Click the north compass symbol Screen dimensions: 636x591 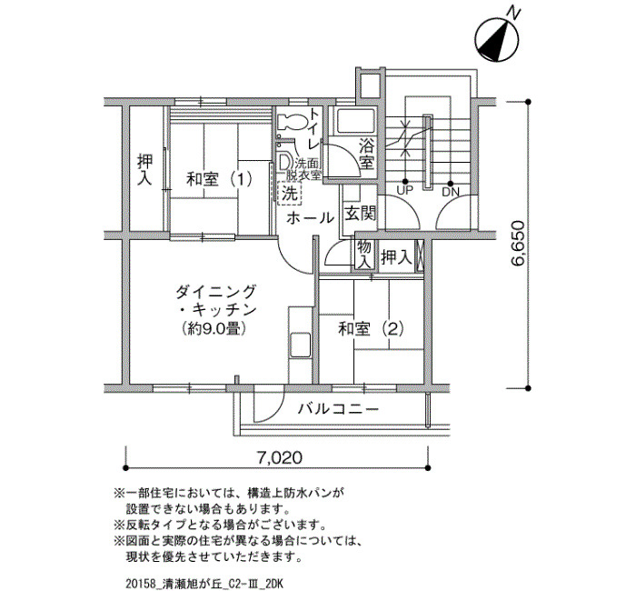coord(496,40)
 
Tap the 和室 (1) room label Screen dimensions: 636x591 coord(219,179)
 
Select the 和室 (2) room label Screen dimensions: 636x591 coord(371,329)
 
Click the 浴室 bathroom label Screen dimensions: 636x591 coord(366,154)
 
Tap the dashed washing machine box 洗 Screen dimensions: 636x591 coord(290,194)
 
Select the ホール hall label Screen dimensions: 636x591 coord(310,218)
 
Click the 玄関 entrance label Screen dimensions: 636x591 coord(360,213)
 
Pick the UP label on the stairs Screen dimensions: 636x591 coord(404,190)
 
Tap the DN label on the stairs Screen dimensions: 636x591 coord(451,192)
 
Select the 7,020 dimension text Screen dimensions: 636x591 coord(280,458)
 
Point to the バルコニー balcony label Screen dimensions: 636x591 coord(339,409)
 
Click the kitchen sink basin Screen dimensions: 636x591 coord(300,346)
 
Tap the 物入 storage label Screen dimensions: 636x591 coord(364,254)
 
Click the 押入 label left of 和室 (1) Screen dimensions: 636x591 coord(144,170)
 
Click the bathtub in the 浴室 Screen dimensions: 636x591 coord(356,121)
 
